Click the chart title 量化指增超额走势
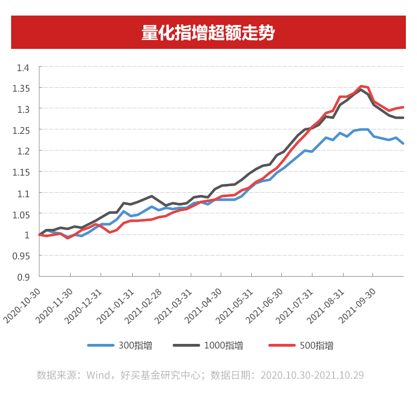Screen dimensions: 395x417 [x=208, y=33]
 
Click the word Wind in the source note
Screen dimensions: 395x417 [x=98, y=375]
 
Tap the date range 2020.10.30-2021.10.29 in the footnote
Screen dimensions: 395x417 [x=312, y=375]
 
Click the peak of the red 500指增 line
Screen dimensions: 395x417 [x=361, y=86]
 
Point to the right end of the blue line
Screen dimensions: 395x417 [x=403, y=144]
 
